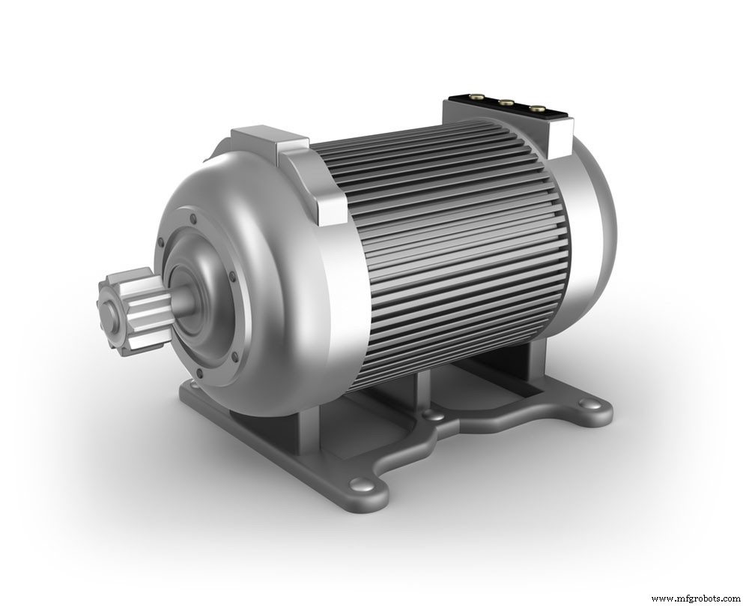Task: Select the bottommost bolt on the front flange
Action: tap(234, 357)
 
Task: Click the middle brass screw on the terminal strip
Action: tap(506, 103)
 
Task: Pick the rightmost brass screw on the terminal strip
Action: tap(537, 109)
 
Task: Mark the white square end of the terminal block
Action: tap(561, 139)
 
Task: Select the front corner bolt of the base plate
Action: tap(362, 484)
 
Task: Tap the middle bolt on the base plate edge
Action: tap(432, 414)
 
